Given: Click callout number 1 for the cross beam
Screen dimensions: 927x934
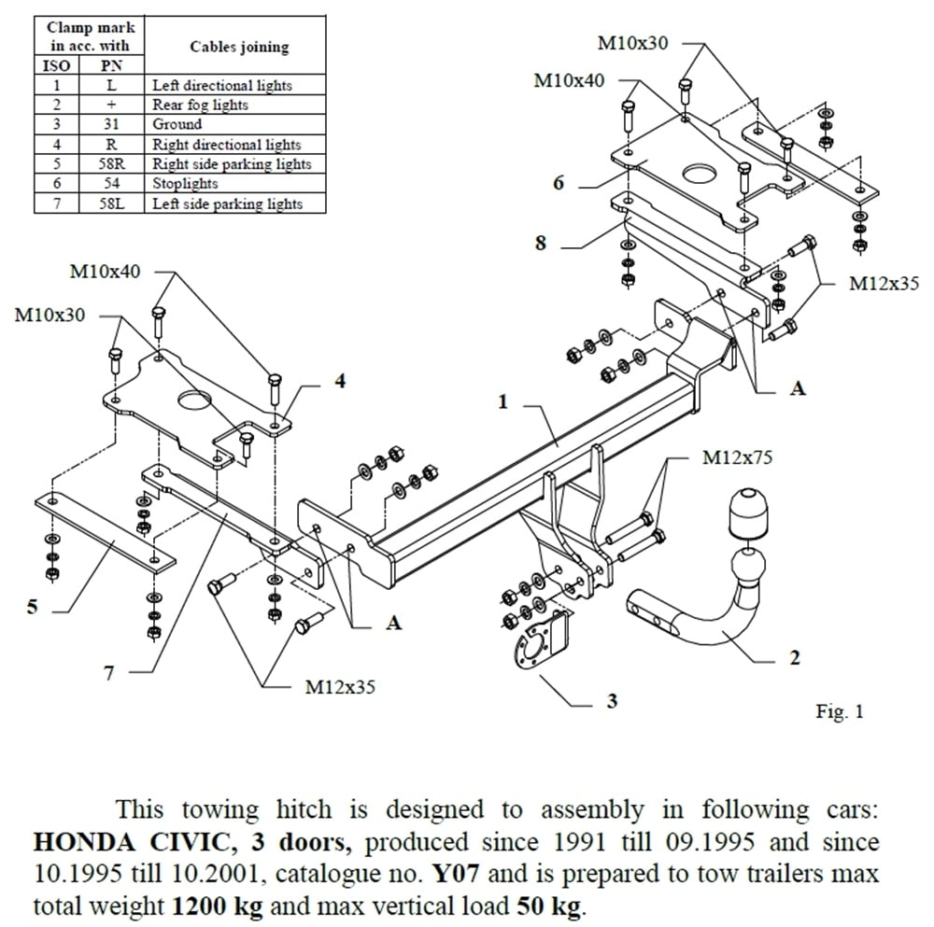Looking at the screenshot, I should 502,402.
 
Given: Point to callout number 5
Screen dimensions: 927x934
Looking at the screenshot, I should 33,607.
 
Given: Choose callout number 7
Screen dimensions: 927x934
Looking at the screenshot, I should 109,672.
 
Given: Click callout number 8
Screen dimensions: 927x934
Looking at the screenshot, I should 540,244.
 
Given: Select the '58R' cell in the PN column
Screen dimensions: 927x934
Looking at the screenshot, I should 110,164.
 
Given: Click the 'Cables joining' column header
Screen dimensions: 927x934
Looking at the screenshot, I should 239,46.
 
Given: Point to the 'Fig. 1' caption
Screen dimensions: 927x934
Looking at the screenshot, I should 840,712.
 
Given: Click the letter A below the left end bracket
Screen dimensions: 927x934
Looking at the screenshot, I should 394,623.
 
